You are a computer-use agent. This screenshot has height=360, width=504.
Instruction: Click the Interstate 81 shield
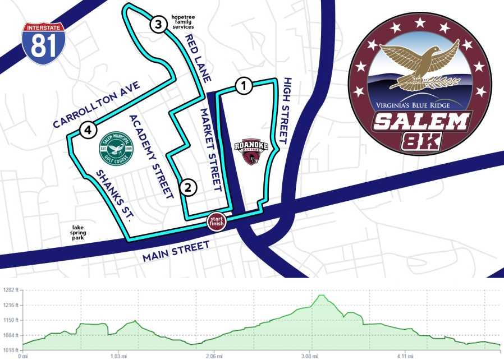44,44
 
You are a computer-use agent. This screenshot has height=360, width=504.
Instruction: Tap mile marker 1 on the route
242,86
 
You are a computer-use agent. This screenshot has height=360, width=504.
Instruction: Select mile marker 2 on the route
189,187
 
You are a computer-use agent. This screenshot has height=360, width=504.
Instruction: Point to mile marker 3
158,24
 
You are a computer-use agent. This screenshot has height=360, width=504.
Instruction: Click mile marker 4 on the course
88,130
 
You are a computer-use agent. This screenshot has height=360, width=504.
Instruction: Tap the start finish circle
217,220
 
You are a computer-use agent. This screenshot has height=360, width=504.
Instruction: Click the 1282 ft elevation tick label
10,290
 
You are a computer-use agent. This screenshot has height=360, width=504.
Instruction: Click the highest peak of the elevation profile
322,295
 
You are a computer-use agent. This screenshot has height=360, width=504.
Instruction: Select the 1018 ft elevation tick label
10,350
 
